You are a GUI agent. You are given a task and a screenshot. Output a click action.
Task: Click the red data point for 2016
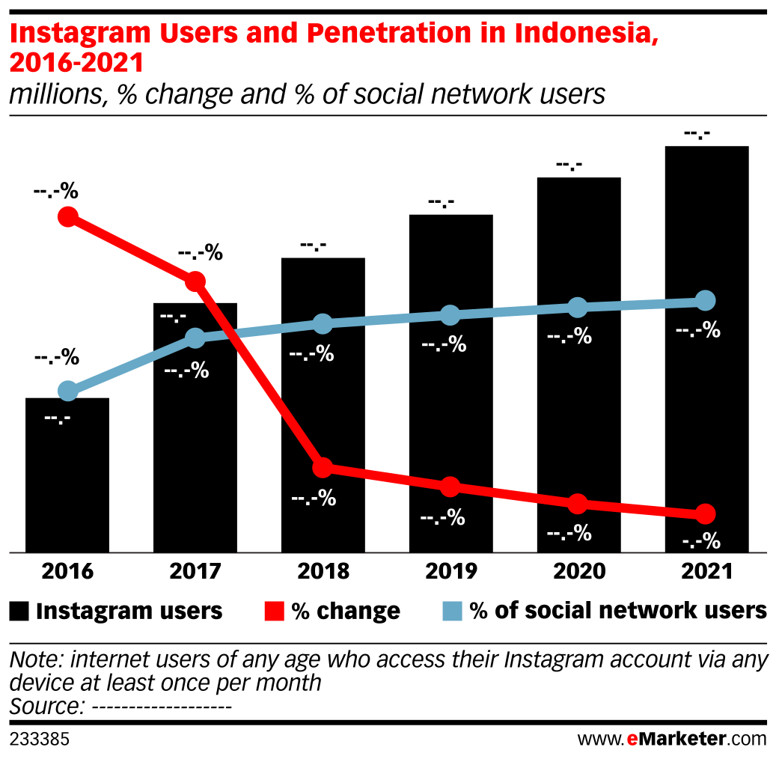pos(68,217)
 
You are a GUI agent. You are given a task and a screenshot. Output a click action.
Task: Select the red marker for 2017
pos(195,281)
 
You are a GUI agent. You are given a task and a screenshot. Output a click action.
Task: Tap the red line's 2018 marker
pos(323,468)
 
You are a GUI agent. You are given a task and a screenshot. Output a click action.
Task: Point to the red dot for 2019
pos(450,487)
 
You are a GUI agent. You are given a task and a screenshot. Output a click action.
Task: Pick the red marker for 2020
pos(577,503)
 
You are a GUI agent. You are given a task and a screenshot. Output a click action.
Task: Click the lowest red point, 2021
pos(705,513)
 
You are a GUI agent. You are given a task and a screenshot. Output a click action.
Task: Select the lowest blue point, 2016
pos(68,391)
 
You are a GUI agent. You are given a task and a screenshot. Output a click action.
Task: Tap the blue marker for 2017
pos(195,338)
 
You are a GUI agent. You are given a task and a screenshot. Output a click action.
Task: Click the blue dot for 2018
pos(323,323)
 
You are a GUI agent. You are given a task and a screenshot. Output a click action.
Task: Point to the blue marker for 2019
pos(450,315)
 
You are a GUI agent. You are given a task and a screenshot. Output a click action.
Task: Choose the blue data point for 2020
pos(577,307)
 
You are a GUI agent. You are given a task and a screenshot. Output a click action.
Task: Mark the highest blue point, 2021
pos(705,301)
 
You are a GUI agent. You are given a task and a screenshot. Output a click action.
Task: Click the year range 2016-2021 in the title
pos(76,64)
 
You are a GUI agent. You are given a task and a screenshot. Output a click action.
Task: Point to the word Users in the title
pos(203,33)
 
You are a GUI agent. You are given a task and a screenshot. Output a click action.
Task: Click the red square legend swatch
pos(274,611)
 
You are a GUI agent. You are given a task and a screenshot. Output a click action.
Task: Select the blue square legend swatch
pos(452,611)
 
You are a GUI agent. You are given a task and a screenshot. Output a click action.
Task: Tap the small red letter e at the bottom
pos(632,740)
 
